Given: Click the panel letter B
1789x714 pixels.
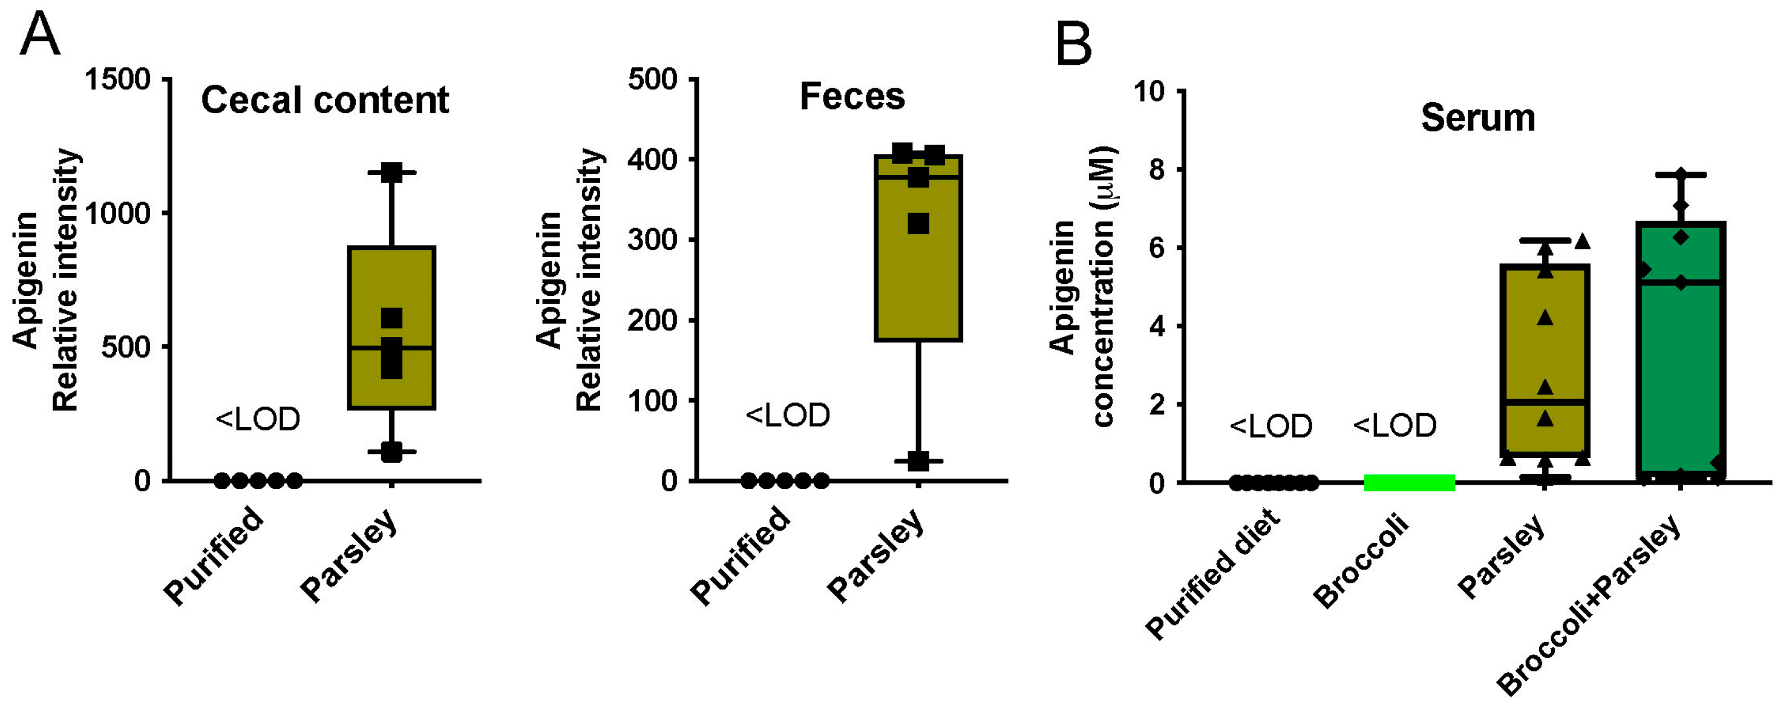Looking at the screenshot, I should pos(1073,43).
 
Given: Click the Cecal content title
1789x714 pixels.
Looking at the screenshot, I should pos(324,100).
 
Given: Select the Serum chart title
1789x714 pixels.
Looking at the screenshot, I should pos(1477,117).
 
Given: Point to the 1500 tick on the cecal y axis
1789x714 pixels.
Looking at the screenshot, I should pos(118,80).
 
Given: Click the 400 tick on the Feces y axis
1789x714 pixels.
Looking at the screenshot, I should pos(652,160).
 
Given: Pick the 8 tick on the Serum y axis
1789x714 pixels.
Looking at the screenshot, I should pos(1156,169).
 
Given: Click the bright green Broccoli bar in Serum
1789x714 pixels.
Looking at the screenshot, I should pos(1409,482).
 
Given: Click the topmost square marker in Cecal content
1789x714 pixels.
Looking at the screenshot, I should pos(391,172).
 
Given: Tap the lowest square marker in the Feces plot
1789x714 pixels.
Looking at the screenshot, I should pos(918,460).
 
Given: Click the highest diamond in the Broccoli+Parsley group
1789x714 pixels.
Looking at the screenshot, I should pos(1681,174).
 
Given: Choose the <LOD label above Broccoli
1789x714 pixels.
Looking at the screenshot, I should pos(1395,425).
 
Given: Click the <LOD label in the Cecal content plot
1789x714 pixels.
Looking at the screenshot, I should pos(258,419).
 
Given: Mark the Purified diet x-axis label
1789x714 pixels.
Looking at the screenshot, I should pos(1212,574).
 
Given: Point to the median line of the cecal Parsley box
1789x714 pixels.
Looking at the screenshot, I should pos(391,347).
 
